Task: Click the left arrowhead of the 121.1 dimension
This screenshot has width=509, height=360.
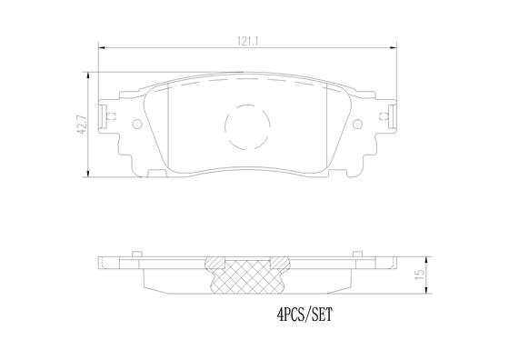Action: (x=100, y=50)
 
